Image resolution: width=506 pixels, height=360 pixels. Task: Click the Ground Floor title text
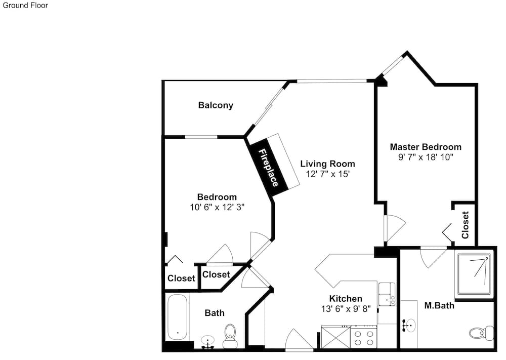tap(25, 5)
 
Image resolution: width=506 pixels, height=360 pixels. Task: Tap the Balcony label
tap(216, 105)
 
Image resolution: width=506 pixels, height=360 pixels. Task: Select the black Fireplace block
tap(268, 168)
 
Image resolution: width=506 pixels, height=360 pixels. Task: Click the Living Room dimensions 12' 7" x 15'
tap(328, 174)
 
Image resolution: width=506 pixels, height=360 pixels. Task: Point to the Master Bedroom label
tap(426, 147)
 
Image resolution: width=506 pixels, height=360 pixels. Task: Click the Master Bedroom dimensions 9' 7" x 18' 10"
tap(426, 157)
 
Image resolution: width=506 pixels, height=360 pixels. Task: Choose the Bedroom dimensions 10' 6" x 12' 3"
tap(217, 207)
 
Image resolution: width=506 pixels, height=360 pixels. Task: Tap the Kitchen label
tap(346, 299)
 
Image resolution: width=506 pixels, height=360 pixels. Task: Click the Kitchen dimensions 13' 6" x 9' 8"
tap(346, 309)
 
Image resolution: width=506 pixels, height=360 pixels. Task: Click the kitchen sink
tap(387, 294)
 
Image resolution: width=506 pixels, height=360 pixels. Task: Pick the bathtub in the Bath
tap(177, 317)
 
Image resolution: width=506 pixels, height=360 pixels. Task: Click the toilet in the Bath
tap(230, 336)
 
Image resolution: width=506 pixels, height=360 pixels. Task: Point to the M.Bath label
tap(439, 305)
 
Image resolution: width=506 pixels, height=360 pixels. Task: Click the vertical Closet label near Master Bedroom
tap(465, 225)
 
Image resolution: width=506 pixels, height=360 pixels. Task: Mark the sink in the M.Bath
tap(409, 326)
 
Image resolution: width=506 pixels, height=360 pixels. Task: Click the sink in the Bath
tap(207, 342)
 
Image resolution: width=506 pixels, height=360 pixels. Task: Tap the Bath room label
tap(215, 313)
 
